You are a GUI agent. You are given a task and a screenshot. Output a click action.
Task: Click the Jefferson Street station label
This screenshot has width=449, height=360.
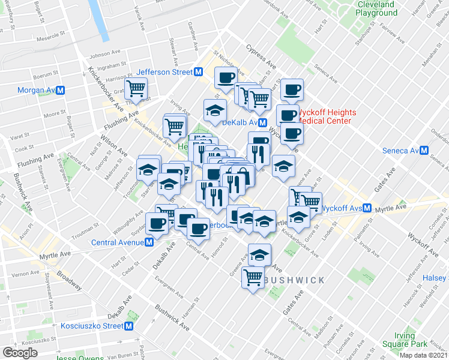[164, 72]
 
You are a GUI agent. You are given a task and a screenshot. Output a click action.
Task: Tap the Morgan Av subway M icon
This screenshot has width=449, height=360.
[61, 90]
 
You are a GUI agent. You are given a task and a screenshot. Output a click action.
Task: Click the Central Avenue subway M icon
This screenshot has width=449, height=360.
[148, 242]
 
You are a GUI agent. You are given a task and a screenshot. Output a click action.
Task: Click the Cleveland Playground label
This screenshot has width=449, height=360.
[376, 8]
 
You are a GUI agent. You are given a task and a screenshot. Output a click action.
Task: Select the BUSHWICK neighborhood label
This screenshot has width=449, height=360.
[294, 280]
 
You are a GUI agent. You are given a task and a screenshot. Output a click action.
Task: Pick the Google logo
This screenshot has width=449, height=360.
[20, 353]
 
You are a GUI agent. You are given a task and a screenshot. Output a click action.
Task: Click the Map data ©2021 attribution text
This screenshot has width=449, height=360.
[423, 355]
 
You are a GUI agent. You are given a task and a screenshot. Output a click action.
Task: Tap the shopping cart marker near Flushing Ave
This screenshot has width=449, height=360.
[137, 89]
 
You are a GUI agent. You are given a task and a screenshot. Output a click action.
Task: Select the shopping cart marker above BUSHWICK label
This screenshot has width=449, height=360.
[253, 278]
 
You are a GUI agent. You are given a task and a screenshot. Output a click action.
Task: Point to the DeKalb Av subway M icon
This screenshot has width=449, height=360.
[271, 122]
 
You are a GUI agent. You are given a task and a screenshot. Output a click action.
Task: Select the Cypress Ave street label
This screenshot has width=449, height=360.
[260, 56]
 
